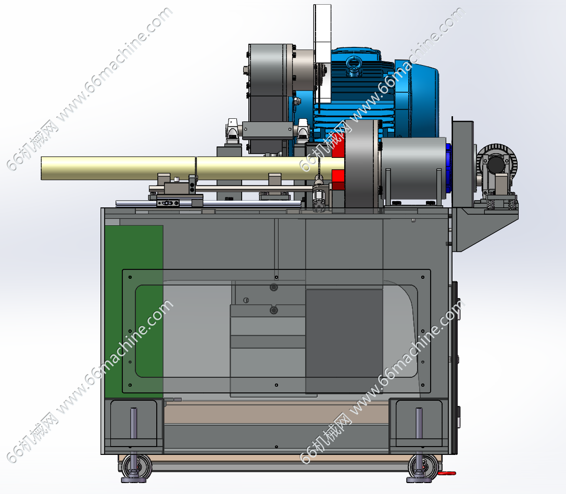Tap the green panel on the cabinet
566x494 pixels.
(134, 311)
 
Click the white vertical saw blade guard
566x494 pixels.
(322, 53)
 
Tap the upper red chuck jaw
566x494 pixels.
(338, 150)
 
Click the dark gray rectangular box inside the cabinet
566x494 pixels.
(344, 341)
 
